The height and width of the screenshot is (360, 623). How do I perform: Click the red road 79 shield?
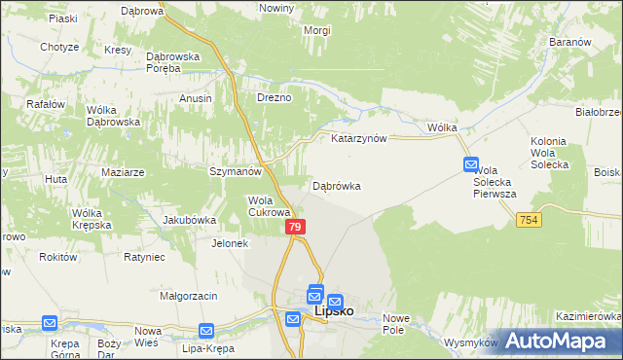(x=297, y=227)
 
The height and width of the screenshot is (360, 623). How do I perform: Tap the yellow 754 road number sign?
(x=528, y=221)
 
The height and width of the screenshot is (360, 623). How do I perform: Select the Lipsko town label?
(x=335, y=311)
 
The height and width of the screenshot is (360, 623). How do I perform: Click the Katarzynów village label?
(x=359, y=139)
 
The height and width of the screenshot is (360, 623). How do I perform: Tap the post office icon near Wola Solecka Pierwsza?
(x=471, y=165)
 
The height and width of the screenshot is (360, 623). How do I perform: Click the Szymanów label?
(x=237, y=171)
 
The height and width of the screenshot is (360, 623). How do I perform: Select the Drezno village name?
(x=274, y=98)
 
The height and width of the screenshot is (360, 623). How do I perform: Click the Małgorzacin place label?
(x=189, y=295)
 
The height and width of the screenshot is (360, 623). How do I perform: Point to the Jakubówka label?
(x=189, y=220)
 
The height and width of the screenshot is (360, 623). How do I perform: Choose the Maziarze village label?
(x=123, y=172)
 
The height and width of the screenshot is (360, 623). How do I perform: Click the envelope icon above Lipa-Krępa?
(x=206, y=331)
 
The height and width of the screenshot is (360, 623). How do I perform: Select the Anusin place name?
(x=196, y=98)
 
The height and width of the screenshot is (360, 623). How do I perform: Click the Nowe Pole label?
(x=399, y=325)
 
